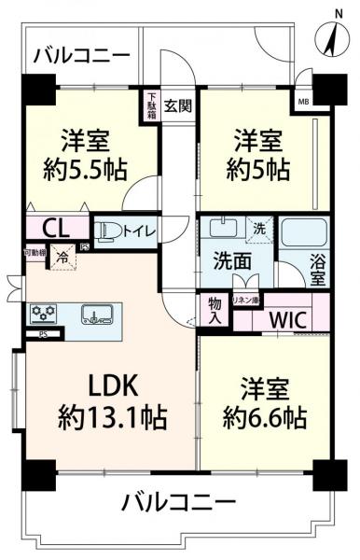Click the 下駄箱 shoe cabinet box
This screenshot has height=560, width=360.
click(151, 99)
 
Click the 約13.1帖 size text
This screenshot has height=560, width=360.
click(115, 418)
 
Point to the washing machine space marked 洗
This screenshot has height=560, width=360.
click(260, 227)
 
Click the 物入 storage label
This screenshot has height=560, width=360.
click(215, 310)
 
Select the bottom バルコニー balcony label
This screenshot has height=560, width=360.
click(178, 503)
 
